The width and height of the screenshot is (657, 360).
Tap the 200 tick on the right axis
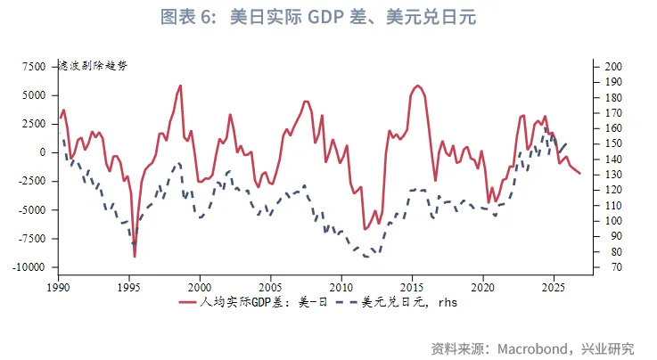click(x=613, y=66)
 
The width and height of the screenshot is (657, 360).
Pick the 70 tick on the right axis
click(x=611, y=267)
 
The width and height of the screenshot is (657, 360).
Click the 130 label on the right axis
click(x=613, y=175)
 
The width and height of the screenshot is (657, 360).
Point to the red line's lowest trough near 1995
click(x=135, y=257)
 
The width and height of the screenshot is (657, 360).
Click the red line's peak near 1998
click(x=181, y=86)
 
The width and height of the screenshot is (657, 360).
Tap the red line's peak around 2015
click(x=416, y=86)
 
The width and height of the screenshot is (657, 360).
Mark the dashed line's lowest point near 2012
click(x=368, y=257)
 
